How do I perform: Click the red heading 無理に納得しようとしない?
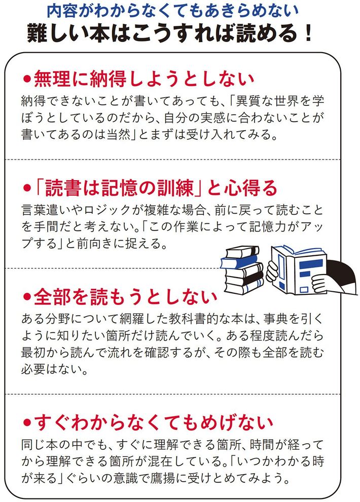tap(144, 79)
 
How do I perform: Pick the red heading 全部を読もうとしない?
tap(126, 297)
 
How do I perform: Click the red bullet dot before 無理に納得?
tap(27, 79)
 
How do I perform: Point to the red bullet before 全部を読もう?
tap(27, 297)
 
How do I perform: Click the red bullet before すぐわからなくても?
tap(27, 423)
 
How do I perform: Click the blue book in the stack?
tap(239, 261)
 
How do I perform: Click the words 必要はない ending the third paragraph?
tap(51, 369)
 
